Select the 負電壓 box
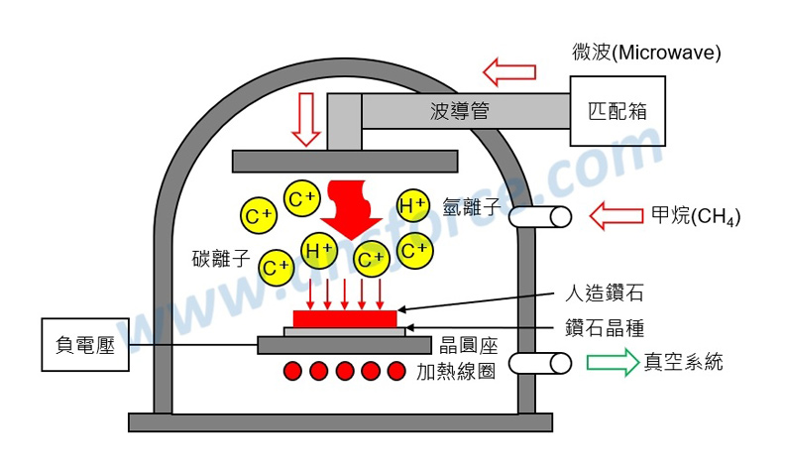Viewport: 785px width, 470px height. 86,345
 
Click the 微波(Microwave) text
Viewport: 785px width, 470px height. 646,52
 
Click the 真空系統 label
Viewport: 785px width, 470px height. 683,362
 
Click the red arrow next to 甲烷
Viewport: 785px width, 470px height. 617,215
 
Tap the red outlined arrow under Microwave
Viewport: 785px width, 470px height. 508,71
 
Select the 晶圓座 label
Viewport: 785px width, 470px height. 468,346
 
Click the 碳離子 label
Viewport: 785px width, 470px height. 220,260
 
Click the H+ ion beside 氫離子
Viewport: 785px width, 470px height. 413,205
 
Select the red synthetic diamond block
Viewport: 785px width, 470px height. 345,319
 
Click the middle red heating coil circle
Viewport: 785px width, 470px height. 345,372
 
